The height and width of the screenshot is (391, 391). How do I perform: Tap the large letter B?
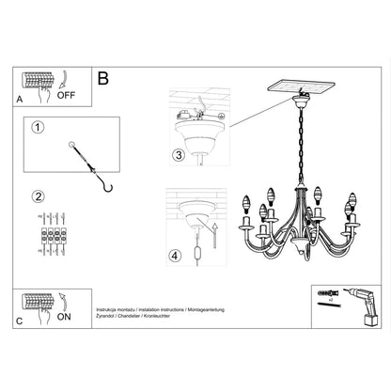104,79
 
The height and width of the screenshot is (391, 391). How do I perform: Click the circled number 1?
38,128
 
